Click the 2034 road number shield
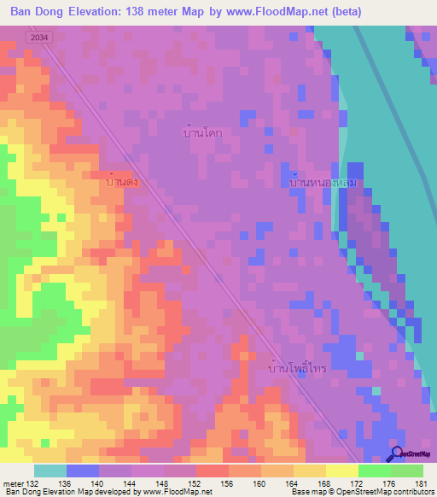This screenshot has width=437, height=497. coord(37,38)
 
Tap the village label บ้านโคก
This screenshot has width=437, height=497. coord(202,133)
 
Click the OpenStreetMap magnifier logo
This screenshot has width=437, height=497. coord(395,454)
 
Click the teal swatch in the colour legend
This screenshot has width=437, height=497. coord(50,471)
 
